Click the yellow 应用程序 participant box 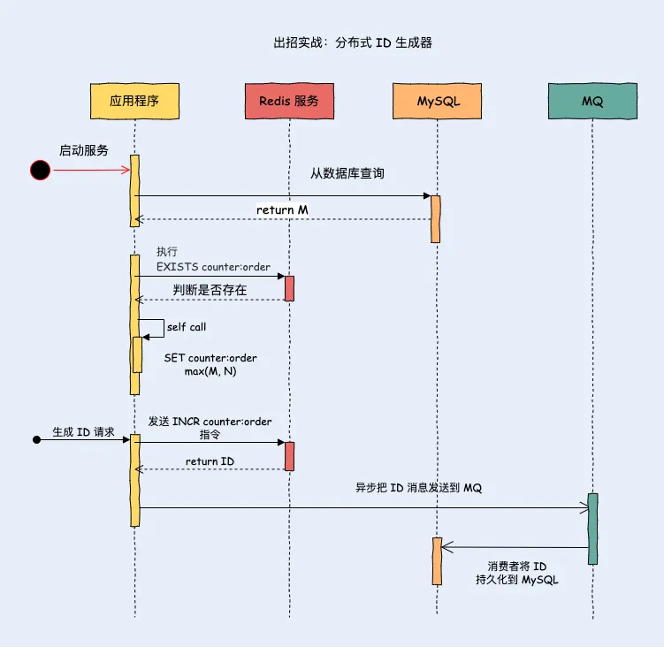(x=134, y=101)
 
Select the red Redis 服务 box (x=289, y=101)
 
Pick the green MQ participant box (x=592, y=101)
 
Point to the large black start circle (x=40, y=171)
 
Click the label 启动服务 (x=83, y=150)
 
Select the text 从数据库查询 (x=347, y=173)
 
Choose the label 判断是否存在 (x=210, y=289)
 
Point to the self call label (x=186, y=327)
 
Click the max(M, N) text (x=210, y=371)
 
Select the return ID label (x=210, y=461)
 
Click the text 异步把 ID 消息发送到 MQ (x=412, y=488)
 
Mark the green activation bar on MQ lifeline (x=592, y=528)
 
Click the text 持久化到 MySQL (x=517, y=580)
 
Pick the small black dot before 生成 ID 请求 (x=36, y=439)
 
